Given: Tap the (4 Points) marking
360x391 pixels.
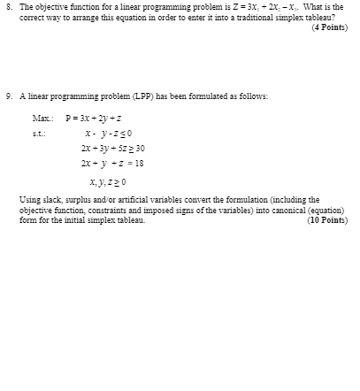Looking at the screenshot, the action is [329, 27].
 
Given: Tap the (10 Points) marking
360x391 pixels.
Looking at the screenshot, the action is [326, 220].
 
